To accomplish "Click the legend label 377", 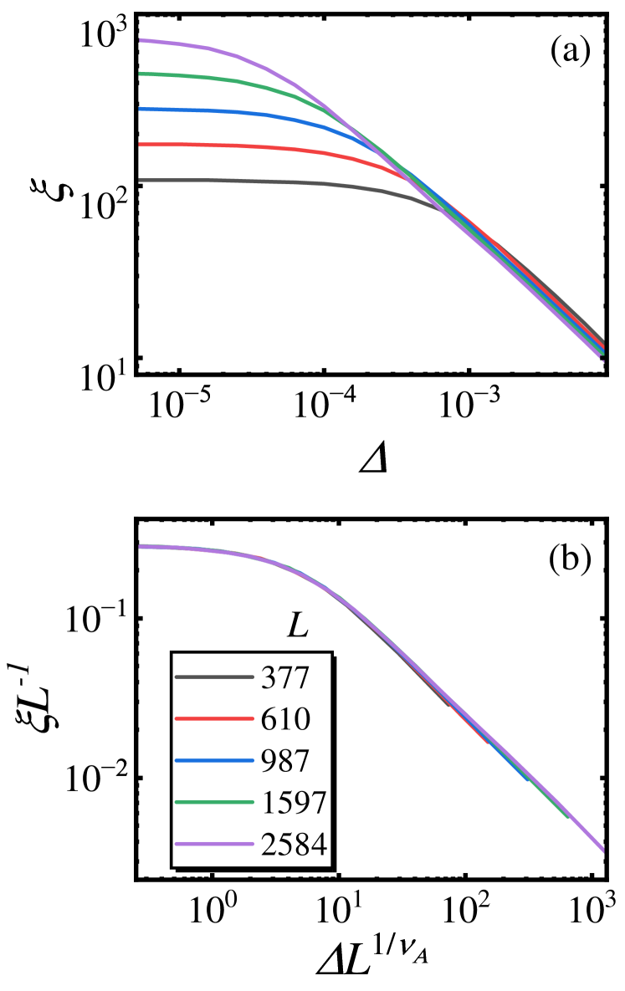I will click(285, 677).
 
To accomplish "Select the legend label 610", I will click(285, 719).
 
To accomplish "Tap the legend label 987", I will click(285, 761).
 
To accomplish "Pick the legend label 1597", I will click(294, 803).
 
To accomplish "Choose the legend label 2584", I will click(294, 845).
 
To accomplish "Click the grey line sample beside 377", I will click(214, 677).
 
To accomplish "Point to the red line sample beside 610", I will click(214, 719).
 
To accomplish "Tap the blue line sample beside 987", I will click(214, 761).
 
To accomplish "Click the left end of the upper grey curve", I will click(141, 180).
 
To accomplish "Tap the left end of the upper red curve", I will click(141, 145).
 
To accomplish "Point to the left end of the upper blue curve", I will click(141, 109).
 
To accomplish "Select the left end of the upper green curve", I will click(141, 74).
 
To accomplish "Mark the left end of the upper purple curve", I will click(141, 39).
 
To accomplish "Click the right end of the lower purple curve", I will click(602, 851).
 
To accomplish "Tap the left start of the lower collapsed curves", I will click(141, 546).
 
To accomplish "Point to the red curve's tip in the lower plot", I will click(487, 742).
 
